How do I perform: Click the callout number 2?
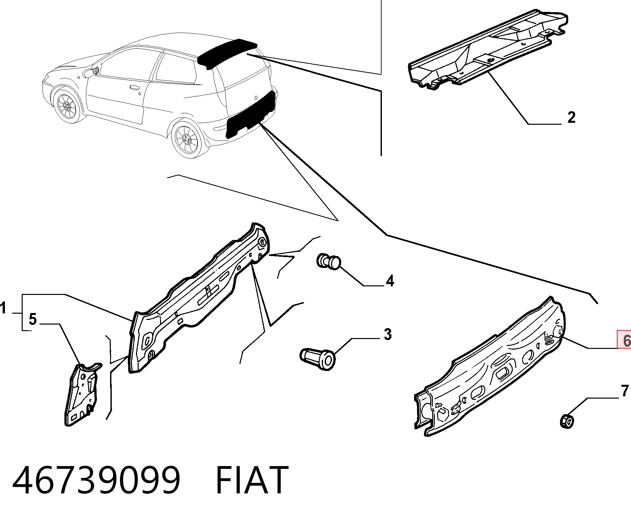(x=572, y=117)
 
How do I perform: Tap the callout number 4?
(x=390, y=281)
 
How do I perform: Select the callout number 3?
(x=388, y=334)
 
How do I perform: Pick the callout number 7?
(x=625, y=391)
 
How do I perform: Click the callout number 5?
(x=33, y=319)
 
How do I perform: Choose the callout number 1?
(x=3, y=308)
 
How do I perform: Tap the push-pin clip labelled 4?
(x=329, y=262)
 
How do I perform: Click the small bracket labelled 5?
(x=82, y=393)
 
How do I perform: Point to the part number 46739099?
(x=96, y=480)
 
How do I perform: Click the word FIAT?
(x=252, y=480)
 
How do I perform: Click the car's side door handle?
(x=134, y=88)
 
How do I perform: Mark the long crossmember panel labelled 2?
(x=487, y=49)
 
